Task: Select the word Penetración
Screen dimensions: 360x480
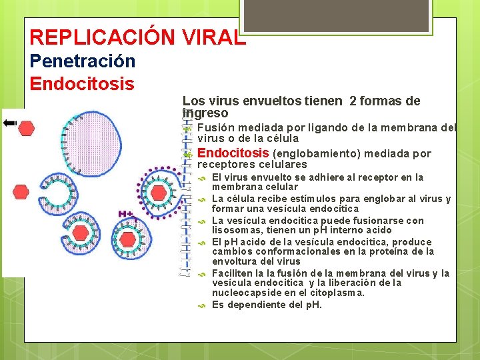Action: coord(83,61)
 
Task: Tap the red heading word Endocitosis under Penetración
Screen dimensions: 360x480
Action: coord(82,85)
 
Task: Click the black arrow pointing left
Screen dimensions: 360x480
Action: coord(10,123)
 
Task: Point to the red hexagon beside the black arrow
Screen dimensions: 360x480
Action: coord(27,128)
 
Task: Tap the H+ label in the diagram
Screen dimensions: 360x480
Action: coord(124,213)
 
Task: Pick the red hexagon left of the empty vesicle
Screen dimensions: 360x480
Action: coord(21,192)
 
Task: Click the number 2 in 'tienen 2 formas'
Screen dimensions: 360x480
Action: coord(353,101)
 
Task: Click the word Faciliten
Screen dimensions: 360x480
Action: coord(233,273)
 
